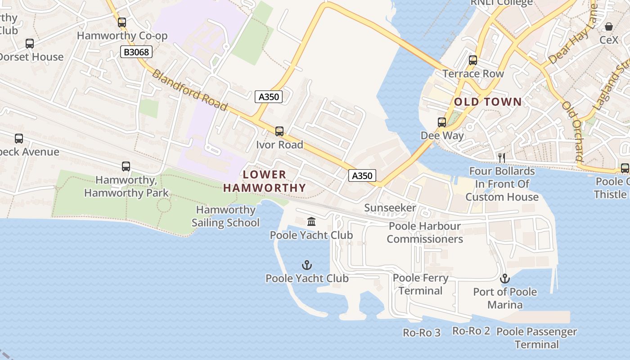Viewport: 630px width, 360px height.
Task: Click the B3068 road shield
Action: pos(137,52)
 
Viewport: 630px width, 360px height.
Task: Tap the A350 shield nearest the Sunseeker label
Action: pos(362,175)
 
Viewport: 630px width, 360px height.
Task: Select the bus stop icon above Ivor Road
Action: pos(279,131)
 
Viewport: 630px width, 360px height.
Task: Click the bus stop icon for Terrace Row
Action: pos(473,60)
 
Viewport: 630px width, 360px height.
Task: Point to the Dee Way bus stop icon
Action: pos(442,122)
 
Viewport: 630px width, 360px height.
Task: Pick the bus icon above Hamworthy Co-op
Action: pos(122,22)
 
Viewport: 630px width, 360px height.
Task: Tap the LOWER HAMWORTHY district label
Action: pos(265,181)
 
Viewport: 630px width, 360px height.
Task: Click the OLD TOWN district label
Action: pos(488,102)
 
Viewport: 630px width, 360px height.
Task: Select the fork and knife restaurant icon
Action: pos(502,157)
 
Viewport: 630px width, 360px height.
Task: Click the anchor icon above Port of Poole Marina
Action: pos(505,279)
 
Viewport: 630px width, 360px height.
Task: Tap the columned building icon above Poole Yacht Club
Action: pos(311,221)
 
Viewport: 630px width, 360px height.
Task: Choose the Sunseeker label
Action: pos(390,207)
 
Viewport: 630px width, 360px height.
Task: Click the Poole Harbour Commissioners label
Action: pos(425,232)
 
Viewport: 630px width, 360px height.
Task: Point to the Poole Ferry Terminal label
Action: pos(420,284)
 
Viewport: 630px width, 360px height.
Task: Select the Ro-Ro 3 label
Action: pos(422,333)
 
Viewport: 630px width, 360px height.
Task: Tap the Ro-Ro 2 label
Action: pos(471,331)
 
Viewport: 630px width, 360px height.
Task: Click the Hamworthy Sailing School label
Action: pos(225,216)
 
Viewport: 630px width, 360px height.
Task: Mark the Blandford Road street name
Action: pos(189,90)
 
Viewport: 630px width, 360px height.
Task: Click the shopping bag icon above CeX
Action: pos(609,27)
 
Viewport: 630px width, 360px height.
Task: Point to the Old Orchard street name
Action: pos(573,131)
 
